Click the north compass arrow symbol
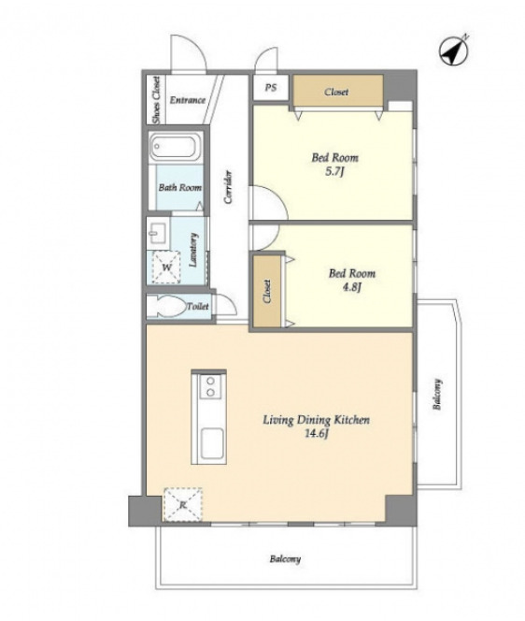[x=454, y=51]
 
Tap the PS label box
[x=271, y=88]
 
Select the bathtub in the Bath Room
[x=175, y=146]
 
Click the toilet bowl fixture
[x=167, y=305]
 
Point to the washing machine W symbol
[x=166, y=267]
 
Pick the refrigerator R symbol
[x=183, y=505]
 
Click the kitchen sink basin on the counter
[x=212, y=442]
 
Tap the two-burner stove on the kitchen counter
[x=210, y=386]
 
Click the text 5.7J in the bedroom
[x=334, y=172]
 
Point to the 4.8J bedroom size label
[x=352, y=287]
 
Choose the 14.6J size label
[x=317, y=434]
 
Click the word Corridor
[x=228, y=187]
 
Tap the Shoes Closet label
[x=157, y=99]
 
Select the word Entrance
[x=188, y=100]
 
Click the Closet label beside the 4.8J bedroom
[x=267, y=292]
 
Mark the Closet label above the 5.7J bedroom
[x=336, y=92]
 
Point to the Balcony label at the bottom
[x=285, y=559]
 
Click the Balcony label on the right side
[x=437, y=395]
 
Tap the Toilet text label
[x=197, y=306]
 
